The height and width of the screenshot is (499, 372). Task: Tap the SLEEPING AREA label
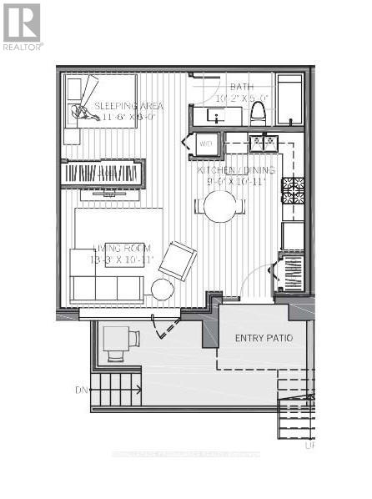pos(128,106)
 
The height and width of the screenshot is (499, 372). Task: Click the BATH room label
pos(242,87)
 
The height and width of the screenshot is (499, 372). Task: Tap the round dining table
pos(220,206)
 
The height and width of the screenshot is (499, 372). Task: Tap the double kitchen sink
pos(264,144)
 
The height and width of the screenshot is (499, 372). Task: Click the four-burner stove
pos(293,190)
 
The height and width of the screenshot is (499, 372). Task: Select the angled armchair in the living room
pos(178,260)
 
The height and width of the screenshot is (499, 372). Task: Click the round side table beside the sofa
pos(163,290)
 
